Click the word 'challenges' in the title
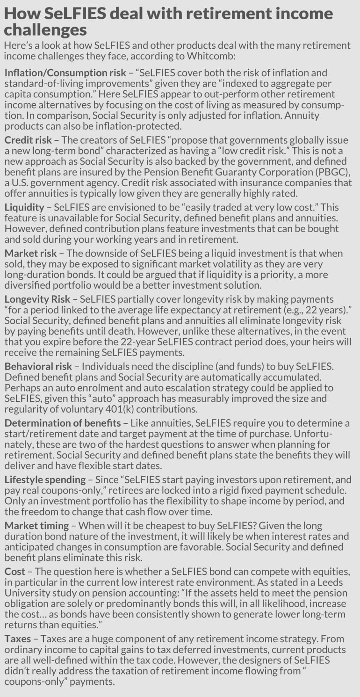[x=45, y=30]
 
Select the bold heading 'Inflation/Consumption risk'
[x=65, y=73]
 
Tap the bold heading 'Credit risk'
[x=26, y=140]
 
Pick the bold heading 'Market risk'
[x=30, y=253]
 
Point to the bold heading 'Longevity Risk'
[x=36, y=299]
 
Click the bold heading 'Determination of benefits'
[x=63, y=423]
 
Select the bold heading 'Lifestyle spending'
[x=45, y=479]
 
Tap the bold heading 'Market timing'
[x=36, y=525]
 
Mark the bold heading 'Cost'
[x=15, y=572]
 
